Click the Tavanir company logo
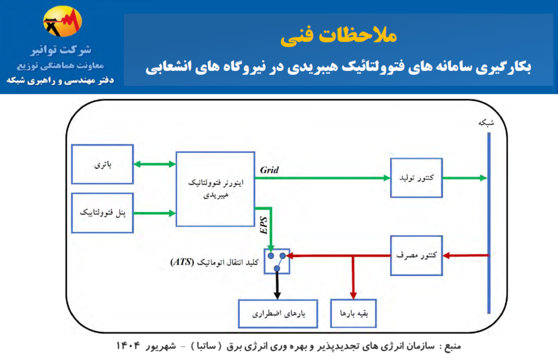tap(62, 21)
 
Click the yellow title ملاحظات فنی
tap(338, 36)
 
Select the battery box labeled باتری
tap(102, 164)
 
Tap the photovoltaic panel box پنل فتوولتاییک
tap(102, 213)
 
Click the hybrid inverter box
tap(215, 189)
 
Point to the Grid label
tap(269, 170)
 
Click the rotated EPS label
tap(264, 225)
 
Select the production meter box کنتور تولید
tap(416, 178)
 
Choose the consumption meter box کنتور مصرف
tap(416, 255)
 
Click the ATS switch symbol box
tap(277, 261)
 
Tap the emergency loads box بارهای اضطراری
tap(278, 313)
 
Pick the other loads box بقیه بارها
tap(353, 313)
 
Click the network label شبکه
tap(486, 123)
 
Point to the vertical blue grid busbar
tap(489, 223)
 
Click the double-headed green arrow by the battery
tap(155, 164)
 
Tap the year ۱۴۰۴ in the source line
tap(128, 345)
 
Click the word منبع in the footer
tap(453, 346)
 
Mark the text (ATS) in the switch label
tap(182, 262)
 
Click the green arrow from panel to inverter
tap(155, 213)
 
